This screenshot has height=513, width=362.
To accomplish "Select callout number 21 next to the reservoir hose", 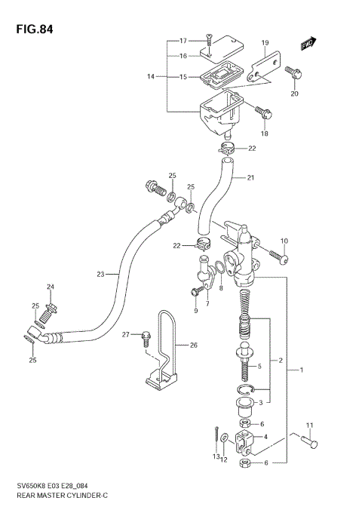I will tap(252, 179).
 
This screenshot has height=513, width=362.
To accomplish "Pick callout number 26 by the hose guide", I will tap(192, 346).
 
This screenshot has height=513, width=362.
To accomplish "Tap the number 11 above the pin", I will tap(308, 426).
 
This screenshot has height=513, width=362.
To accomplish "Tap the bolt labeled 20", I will tap(293, 73).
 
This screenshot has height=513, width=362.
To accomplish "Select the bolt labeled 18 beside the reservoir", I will tap(263, 113).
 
